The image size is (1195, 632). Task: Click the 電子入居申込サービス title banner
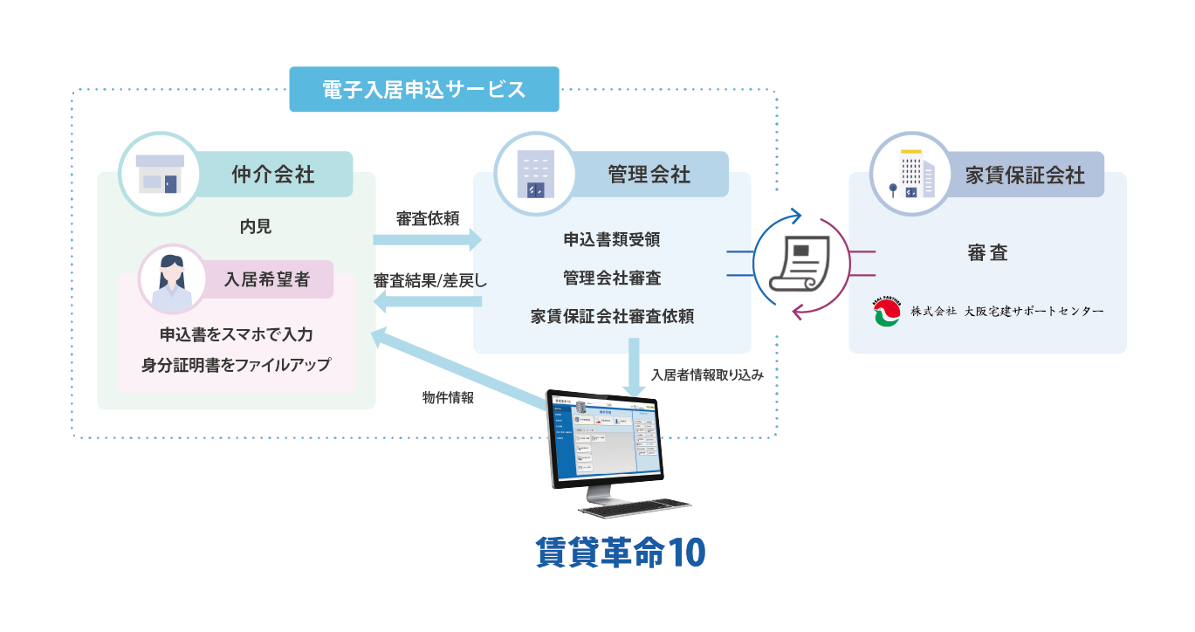coord(423,89)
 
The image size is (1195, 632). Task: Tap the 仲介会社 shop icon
coord(161,174)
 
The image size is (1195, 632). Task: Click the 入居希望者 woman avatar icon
coord(171,280)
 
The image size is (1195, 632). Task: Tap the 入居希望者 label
coord(267,280)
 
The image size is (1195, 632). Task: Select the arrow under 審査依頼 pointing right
coord(427,239)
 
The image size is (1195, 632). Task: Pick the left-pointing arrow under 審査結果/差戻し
coord(427,302)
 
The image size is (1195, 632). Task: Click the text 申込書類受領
coord(612,238)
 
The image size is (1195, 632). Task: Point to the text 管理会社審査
coord(612,278)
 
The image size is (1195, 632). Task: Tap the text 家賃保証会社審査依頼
coord(612,316)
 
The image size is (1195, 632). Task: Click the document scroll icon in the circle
coord(800,265)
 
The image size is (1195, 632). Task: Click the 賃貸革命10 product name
coord(621,553)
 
